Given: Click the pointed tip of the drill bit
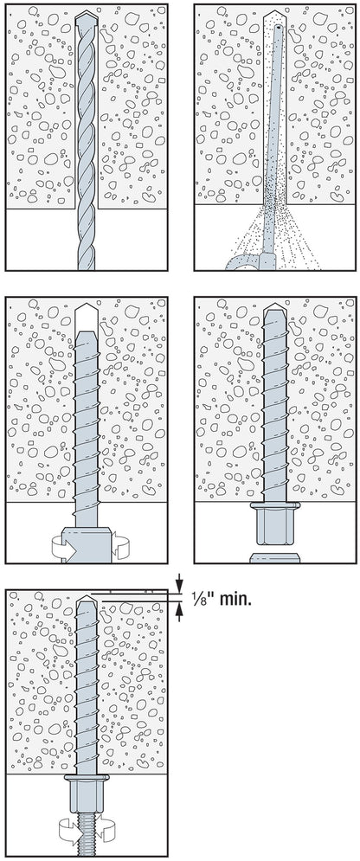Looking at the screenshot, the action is click(87, 11).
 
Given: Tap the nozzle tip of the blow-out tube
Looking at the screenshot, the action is click(280, 26).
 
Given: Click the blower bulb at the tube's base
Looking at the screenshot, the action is click(243, 262).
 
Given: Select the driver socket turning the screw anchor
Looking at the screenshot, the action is click(87, 544).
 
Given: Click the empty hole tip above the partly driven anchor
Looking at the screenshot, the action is click(87, 316).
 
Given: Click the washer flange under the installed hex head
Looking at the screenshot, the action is click(274, 505).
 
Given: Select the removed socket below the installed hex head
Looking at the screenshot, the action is click(274, 558).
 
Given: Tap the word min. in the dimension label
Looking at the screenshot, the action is click(235, 599).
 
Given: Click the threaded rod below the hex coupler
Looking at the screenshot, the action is click(87, 834).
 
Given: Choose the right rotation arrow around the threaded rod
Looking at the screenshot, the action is click(108, 827).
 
